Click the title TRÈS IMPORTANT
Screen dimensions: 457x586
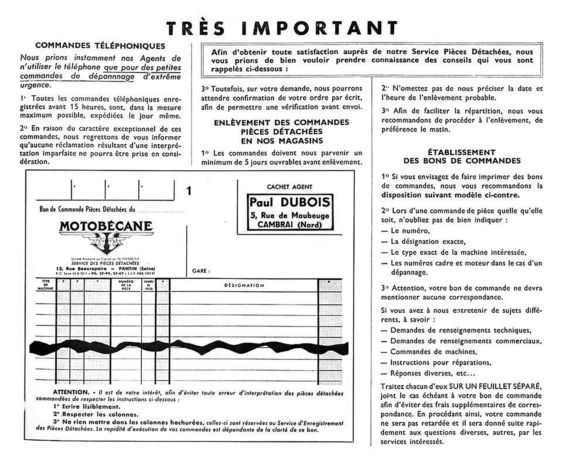tap(282, 28)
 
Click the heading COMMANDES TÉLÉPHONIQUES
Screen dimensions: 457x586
tap(100, 46)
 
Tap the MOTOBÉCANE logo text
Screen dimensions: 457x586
tap(106, 226)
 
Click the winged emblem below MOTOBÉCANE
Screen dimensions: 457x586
tap(106, 243)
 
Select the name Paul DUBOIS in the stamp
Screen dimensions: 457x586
tap(290, 202)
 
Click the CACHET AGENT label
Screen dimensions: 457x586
tap(290, 187)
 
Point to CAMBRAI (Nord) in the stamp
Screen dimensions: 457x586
tap(290, 225)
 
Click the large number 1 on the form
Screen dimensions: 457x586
tap(189, 191)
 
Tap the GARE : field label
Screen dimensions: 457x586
tap(200, 271)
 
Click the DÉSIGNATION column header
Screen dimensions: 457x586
tap(244, 285)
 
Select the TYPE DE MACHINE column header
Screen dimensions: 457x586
tap(46, 285)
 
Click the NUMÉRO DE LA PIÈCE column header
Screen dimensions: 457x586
tap(126, 285)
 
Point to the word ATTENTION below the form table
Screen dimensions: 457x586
tap(71, 392)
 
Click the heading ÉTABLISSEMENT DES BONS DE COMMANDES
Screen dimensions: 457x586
tap(462, 156)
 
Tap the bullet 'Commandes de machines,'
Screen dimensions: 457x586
tap(434, 352)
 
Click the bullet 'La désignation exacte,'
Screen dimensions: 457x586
tap(428, 241)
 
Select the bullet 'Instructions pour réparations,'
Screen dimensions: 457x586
tap(440, 362)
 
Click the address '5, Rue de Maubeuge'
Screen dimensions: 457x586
tap(290, 215)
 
